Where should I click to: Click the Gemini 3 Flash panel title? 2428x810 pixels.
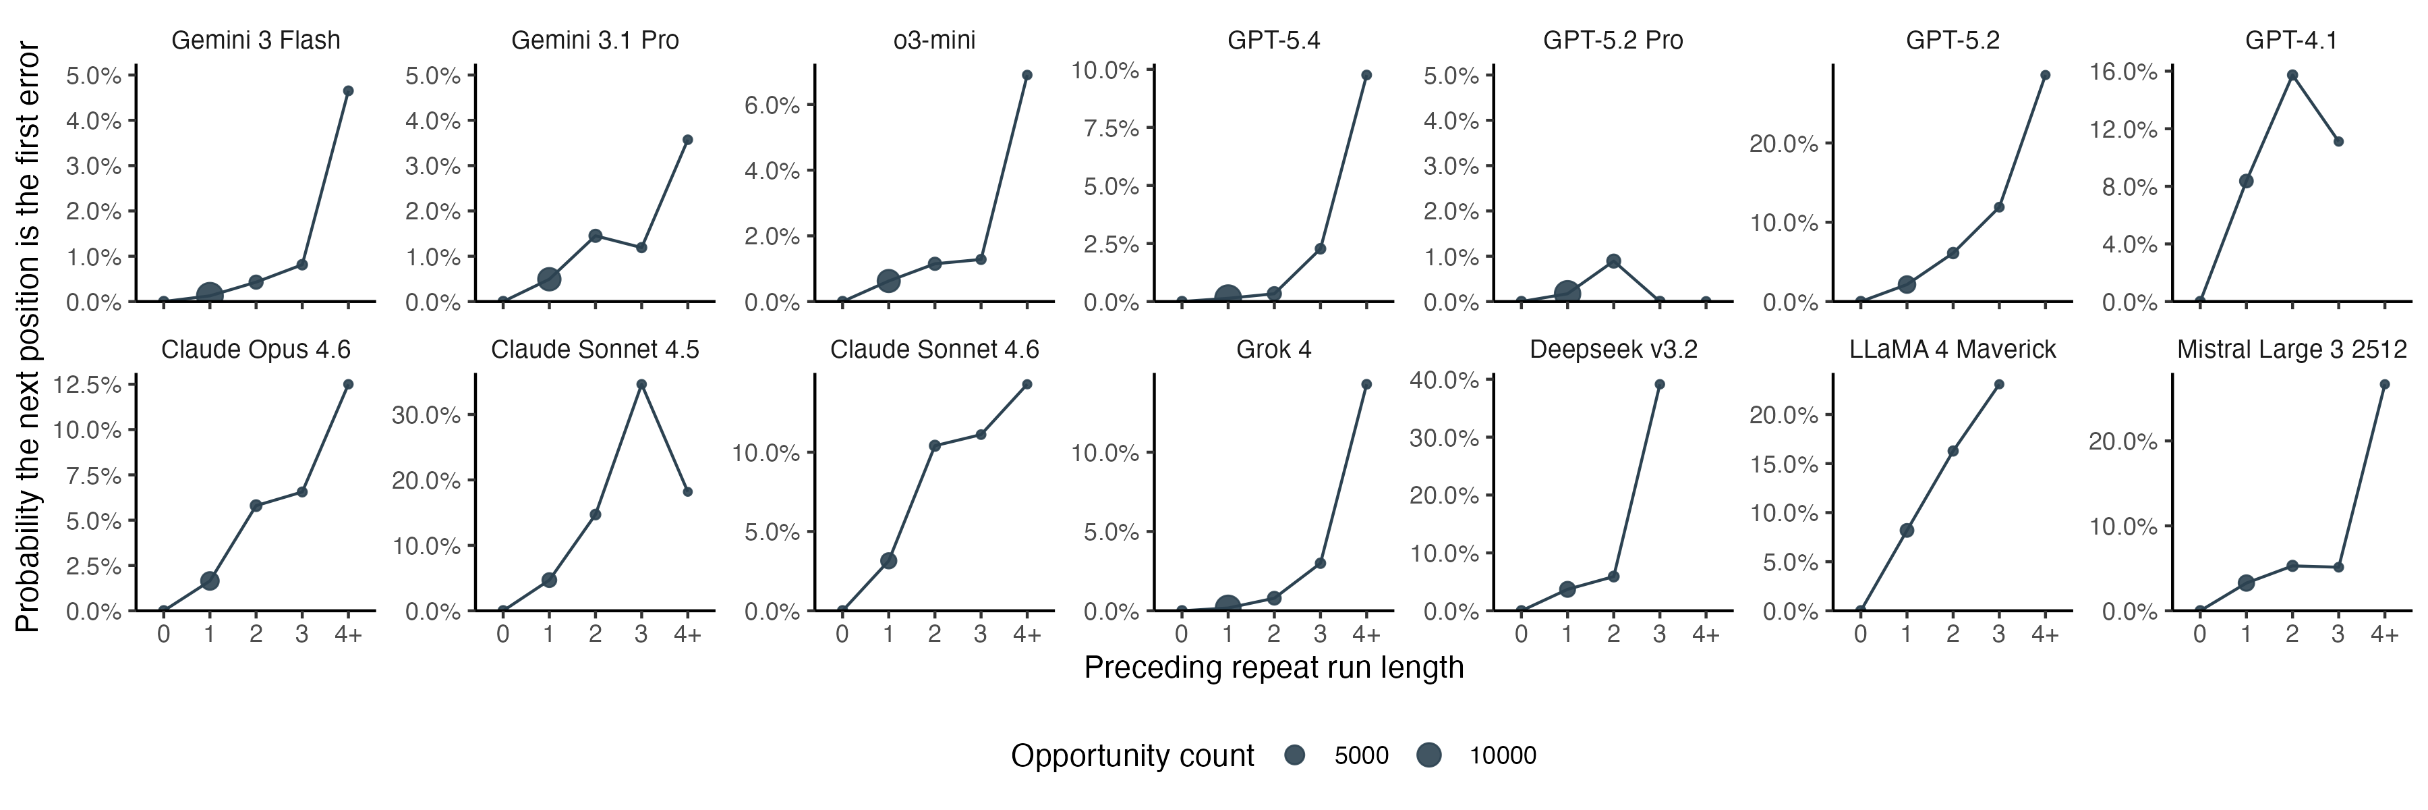pyautogui.click(x=256, y=40)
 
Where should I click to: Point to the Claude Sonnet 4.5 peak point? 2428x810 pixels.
pyautogui.click(x=641, y=385)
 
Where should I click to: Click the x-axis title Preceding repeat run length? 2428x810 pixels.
pyautogui.click(x=1273, y=668)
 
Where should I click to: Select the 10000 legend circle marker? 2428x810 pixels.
pyautogui.click(x=1429, y=755)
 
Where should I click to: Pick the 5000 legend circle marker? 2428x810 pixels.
pyautogui.click(x=1295, y=755)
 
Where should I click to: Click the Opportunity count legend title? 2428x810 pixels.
pyautogui.click(x=1132, y=755)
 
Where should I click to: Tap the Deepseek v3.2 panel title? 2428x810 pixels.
pyautogui.click(x=1613, y=350)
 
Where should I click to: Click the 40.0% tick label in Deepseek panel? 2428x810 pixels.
pyautogui.click(x=1444, y=380)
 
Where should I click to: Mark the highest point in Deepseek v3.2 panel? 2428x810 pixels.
pyautogui.click(x=1659, y=385)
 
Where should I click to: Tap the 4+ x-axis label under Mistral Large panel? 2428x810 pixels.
pyautogui.click(x=2383, y=634)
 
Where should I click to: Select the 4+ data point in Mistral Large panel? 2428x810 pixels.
pyautogui.click(x=2383, y=385)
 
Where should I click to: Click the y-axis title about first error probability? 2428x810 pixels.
pyautogui.click(x=28, y=337)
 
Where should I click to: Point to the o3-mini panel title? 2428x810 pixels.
pyautogui.click(x=934, y=40)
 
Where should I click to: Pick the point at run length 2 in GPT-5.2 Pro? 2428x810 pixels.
pyautogui.click(x=1613, y=261)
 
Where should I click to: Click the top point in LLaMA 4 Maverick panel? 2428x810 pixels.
pyautogui.click(x=1998, y=385)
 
